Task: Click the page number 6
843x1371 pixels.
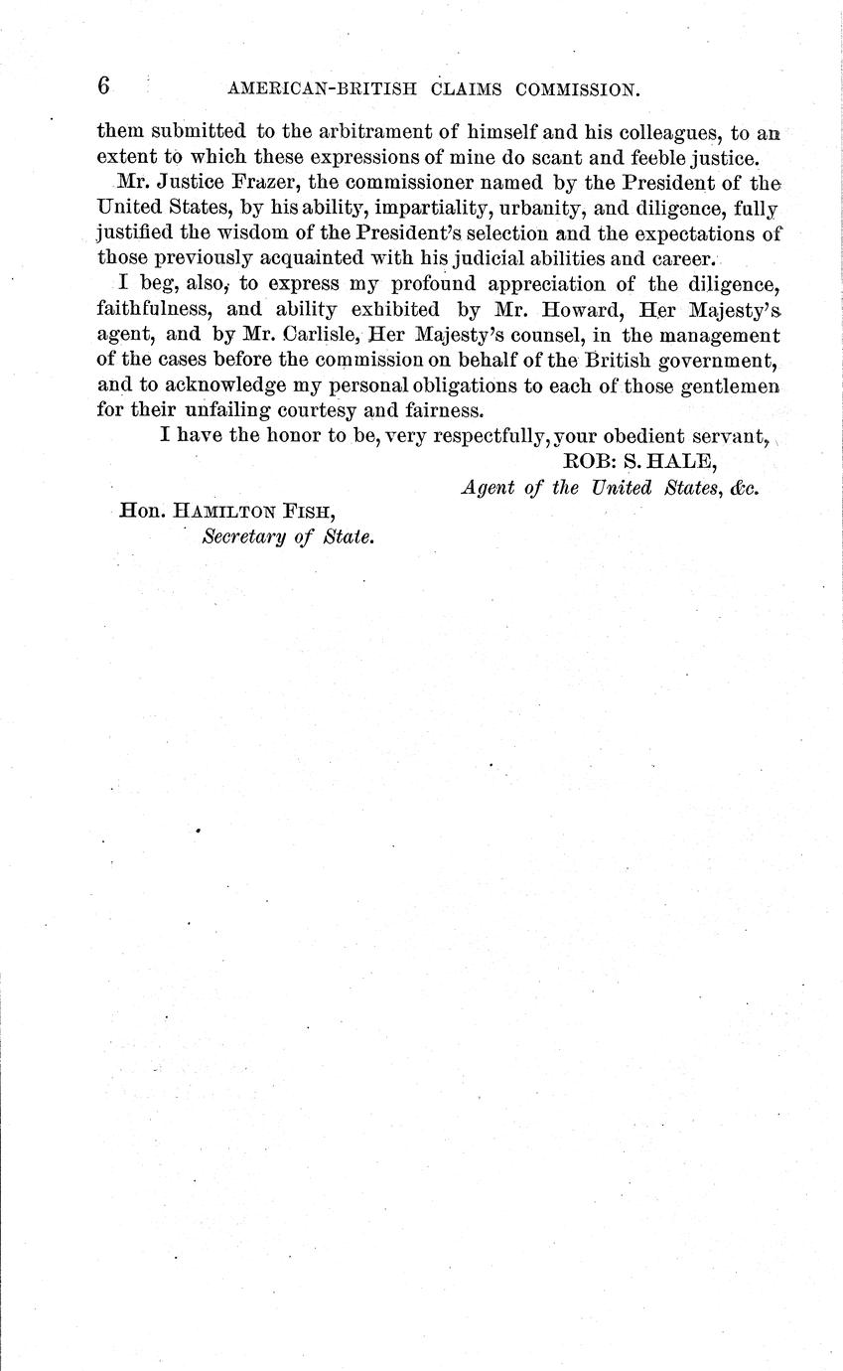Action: pyautogui.click(x=103, y=86)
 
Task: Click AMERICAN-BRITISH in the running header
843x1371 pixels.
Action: pyautogui.click(x=312, y=89)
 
